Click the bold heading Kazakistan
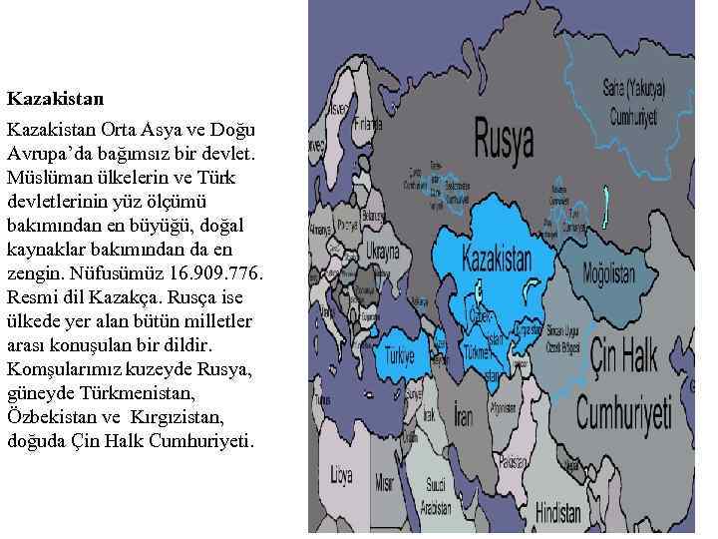click(x=55, y=99)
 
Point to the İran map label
click(x=463, y=414)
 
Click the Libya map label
click(x=342, y=470)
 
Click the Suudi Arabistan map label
click(x=435, y=496)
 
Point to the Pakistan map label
click(x=515, y=462)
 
